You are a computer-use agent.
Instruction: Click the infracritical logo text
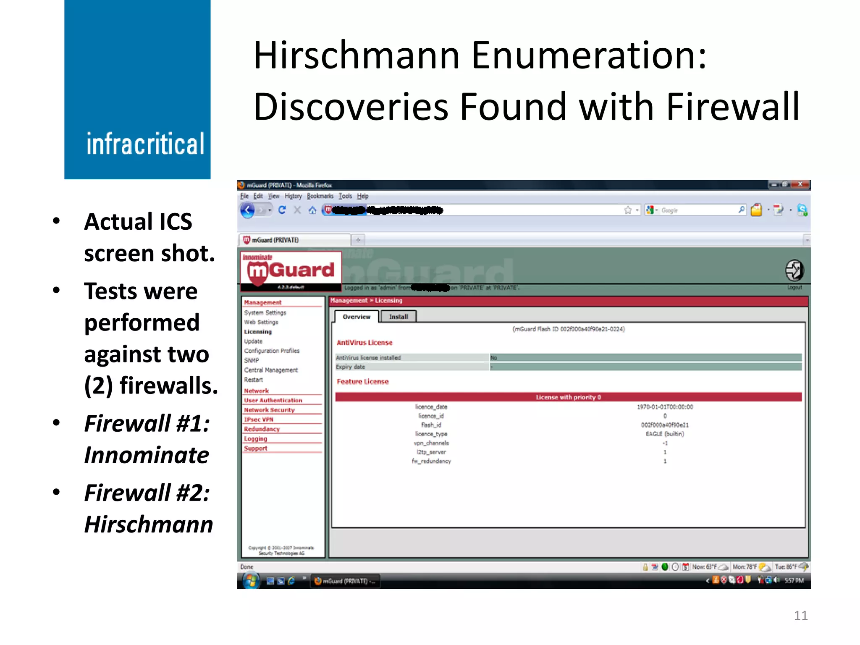[x=145, y=144]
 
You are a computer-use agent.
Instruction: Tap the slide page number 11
[x=800, y=616]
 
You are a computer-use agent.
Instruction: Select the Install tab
[x=398, y=317]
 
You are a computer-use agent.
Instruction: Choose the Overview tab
[x=356, y=317]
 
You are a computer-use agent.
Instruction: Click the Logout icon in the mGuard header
[x=794, y=270]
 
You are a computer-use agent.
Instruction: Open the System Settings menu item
[x=265, y=312]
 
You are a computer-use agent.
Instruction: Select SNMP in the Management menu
[x=252, y=360]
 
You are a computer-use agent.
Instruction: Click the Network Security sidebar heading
[x=269, y=410]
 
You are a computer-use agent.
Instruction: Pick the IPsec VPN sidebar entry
[x=259, y=420]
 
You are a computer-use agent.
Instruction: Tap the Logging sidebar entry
[x=255, y=439]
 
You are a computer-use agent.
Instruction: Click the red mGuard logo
[x=291, y=270]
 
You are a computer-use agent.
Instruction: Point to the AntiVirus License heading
[x=364, y=343]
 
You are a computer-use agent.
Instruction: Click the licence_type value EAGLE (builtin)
[x=664, y=434]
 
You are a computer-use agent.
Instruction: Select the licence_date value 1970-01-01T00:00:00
[x=664, y=407]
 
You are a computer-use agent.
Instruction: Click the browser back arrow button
[x=248, y=210]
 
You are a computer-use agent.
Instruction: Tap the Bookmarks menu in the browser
[x=320, y=196]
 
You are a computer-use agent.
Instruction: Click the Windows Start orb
[x=251, y=581]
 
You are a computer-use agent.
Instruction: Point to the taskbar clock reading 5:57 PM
[x=794, y=581]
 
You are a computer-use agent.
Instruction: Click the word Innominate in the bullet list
[x=147, y=455]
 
